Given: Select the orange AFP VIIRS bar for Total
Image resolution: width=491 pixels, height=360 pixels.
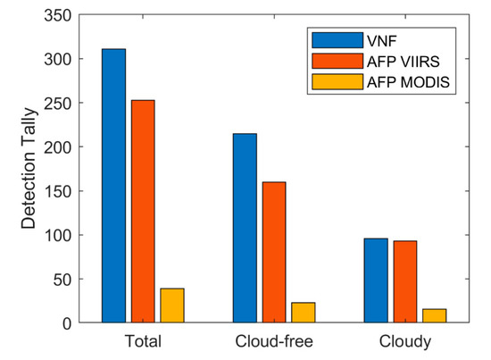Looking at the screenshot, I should [x=143, y=211].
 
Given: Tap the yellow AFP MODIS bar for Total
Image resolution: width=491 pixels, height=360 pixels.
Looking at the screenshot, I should [x=172, y=306].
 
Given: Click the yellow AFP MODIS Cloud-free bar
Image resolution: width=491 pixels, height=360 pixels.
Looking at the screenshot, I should [x=304, y=313].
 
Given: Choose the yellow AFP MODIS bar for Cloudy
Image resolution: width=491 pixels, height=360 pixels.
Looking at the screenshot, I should [x=434, y=315].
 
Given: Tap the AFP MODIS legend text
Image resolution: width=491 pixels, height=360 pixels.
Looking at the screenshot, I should [x=398, y=82].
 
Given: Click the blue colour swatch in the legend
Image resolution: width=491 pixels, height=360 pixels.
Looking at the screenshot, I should [x=333, y=39].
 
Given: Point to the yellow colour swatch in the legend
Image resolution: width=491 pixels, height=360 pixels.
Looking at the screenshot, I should [x=333, y=82].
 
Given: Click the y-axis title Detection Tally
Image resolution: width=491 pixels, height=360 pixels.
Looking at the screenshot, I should [x=29, y=169].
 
